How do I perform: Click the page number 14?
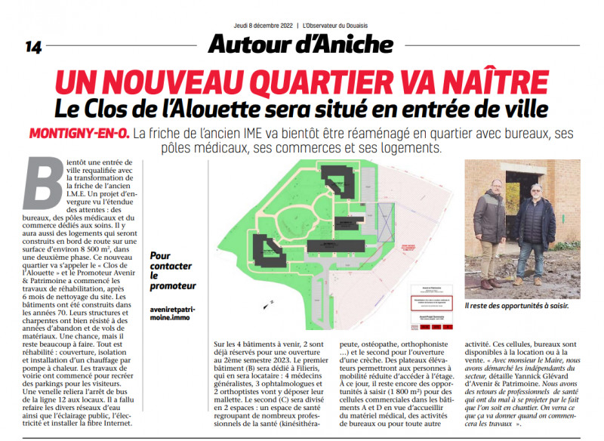point(33,47)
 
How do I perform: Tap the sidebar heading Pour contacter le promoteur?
point(173,271)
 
